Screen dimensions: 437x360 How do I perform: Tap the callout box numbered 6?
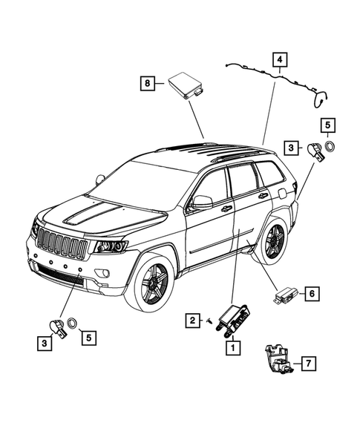(x=312, y=295)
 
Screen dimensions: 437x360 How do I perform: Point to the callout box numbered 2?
(x=192, y=321)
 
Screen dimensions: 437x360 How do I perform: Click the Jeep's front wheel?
(x=154, y=282)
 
